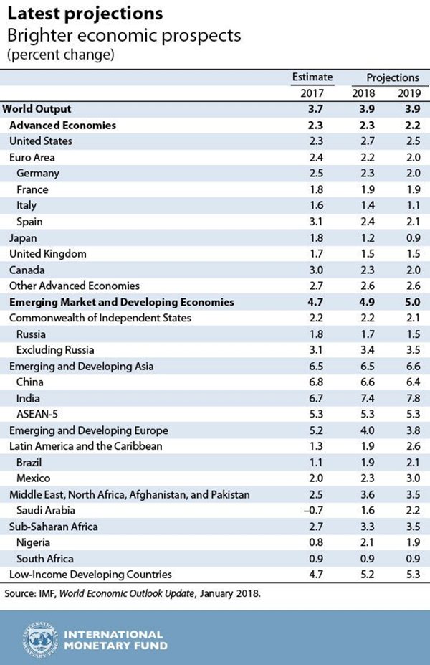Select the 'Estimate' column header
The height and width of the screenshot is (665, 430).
[312, 77]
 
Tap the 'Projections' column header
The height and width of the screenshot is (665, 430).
[393, 77]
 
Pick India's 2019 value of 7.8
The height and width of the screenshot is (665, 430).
[407, 398]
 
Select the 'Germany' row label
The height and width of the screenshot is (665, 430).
[38, 173]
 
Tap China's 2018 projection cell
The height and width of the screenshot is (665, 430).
[363, 382]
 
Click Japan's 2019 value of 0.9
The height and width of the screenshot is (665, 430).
[407, 237]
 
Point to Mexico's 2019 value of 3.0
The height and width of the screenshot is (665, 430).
[407, 478]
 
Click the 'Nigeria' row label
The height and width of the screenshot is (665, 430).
[34, 543]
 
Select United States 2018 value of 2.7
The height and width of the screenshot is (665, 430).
[363, 141]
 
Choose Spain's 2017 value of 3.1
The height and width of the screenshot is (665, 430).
[314, 222]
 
